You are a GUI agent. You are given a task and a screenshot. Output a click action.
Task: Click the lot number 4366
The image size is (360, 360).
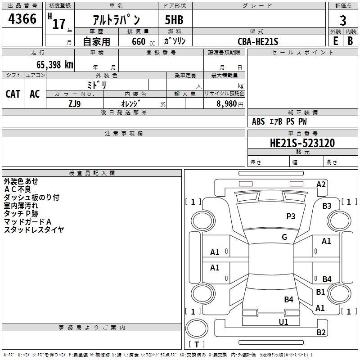pos(22,19)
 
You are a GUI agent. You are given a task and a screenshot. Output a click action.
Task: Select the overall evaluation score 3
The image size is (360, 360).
pos(343,20)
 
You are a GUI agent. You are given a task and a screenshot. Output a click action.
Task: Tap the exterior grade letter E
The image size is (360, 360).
pos(335,40)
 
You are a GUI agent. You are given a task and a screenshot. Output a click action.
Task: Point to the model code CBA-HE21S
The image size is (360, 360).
pos(258,41)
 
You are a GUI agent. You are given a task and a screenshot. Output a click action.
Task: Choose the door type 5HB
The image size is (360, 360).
pos(174,20)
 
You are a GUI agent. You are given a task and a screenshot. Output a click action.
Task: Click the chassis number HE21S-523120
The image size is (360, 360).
pos(302,143)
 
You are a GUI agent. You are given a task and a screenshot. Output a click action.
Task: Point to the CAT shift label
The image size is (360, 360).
pos(13,94)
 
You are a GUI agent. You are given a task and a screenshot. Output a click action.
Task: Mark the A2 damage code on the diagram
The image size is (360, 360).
pos(320,184)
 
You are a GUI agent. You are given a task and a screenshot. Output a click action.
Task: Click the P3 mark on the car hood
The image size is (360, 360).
pos(291,216)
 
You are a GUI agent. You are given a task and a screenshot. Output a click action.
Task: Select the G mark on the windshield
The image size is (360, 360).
pos(284,237)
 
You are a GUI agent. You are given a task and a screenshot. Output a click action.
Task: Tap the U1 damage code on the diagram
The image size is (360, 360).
pos(283,322)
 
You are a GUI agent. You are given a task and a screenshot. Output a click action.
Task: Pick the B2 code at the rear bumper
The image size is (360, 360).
pos(321,333)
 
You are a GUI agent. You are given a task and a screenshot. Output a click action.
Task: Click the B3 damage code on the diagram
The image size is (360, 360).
pos(327,206)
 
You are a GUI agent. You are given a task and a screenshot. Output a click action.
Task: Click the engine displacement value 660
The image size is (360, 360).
pos(139,41)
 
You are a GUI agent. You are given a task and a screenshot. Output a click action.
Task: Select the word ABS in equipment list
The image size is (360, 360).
pos(258,121)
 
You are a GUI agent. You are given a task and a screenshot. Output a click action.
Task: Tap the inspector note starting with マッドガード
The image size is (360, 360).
pos(28,221)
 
